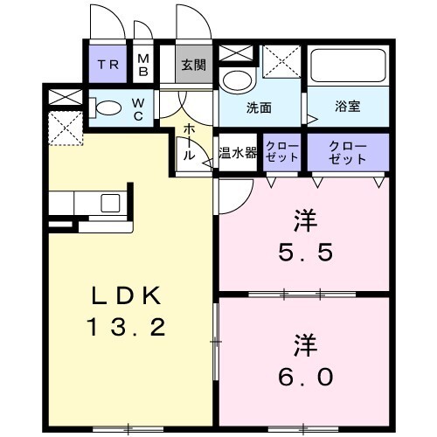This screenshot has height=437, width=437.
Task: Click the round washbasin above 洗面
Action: (x=235, y=81)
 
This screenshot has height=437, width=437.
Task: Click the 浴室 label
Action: (x=348, y=108)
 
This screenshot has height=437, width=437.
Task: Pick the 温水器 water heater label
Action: (x=237, y=151)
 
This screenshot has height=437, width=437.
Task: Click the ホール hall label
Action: (x=188, y=142)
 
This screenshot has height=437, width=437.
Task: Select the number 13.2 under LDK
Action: (x=126, y=329)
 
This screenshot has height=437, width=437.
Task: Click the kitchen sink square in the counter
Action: (x=111, y=204)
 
